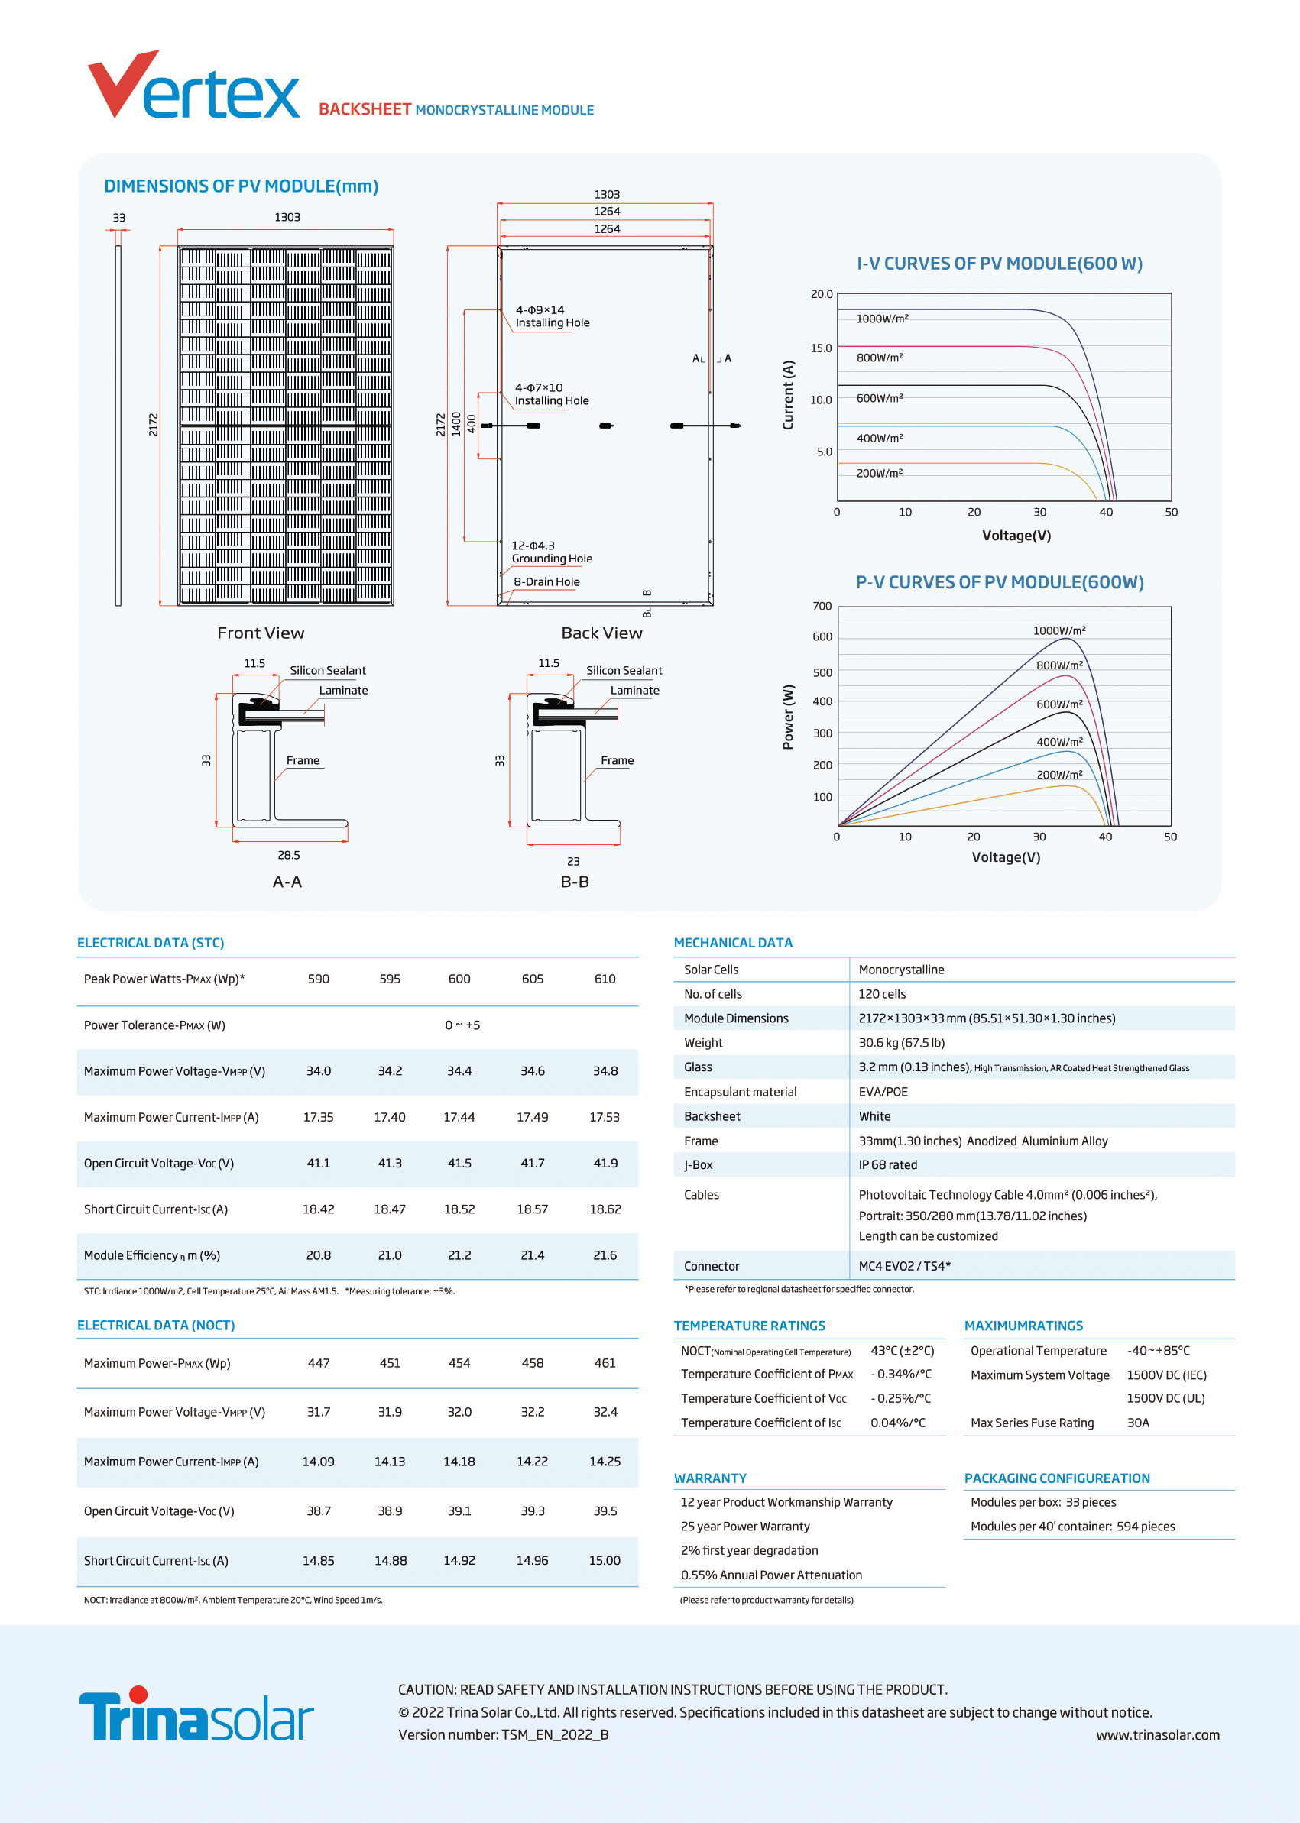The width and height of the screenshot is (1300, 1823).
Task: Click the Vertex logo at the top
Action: (193, 85)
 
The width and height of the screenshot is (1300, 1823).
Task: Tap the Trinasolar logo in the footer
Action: (196, 1714)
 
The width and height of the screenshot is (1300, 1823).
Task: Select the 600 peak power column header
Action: (459, 979)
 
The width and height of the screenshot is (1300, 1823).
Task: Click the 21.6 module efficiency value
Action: (605, 1255)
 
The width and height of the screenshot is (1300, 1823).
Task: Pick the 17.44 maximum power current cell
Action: (459, 1117)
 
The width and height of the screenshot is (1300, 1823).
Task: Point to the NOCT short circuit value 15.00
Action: (605, 1560)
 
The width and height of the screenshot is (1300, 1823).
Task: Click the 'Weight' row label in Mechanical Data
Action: (703, 1043)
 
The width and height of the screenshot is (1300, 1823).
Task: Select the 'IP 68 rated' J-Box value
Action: (888, 1164)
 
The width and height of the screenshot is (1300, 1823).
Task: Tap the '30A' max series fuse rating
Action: (1138, 1423)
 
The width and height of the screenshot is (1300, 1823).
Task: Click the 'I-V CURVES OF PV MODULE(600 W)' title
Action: (1000, 264)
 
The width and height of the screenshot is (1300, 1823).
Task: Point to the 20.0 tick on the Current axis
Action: (822, 293)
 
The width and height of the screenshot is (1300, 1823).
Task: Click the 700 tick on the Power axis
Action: (822, 606)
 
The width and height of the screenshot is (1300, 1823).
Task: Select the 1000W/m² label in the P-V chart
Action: (1059, 630)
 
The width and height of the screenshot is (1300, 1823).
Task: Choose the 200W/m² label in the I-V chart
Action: (880, 473)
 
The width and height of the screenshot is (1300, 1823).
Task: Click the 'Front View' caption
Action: (261, 633)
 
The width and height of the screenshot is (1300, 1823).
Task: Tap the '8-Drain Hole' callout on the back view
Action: (546, 581)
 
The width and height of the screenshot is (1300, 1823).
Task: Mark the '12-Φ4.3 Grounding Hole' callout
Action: (553, 552)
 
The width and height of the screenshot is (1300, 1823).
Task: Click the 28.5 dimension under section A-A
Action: (289, 856)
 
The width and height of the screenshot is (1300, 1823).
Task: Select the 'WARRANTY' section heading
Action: (710, 1478)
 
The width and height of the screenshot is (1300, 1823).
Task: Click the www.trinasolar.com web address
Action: (1158, 1735)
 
